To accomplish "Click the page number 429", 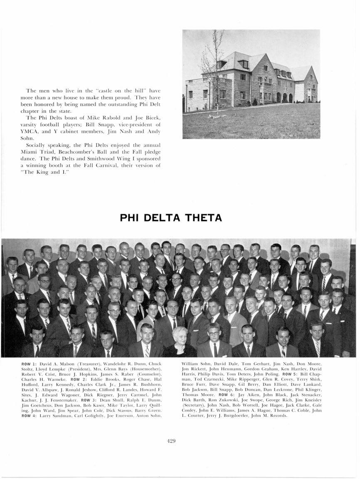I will click(x=171, y=442).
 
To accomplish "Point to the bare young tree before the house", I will click(x=212, y=75).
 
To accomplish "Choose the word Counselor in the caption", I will click(x=149, y=375).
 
